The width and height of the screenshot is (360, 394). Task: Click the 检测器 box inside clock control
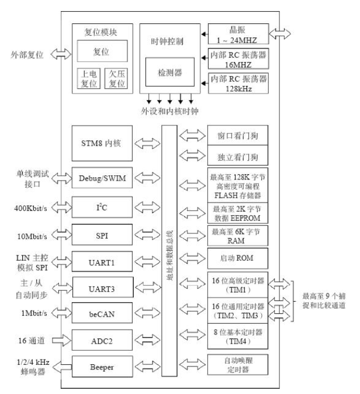pos(170,72)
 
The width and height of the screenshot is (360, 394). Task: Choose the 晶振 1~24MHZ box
pos(238,32)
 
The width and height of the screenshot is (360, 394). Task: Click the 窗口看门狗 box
pos(238,136)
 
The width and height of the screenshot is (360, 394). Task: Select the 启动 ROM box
pos(238,258)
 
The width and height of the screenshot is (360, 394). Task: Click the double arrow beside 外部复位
pos(60,54)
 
